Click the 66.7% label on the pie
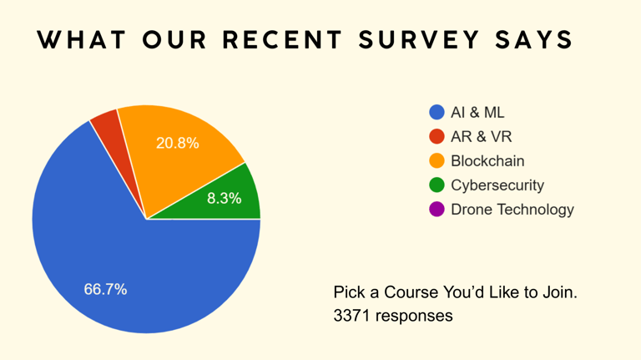[105, 289]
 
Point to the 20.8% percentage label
[178, 143]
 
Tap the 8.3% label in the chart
[225, 199]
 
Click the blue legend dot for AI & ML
[437, 113]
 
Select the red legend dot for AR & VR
[437, 137]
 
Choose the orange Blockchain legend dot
[437, 161]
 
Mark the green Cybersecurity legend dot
[437, 185]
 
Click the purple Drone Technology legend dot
[437, 210]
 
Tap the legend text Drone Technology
[512, 210]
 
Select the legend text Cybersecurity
[497, 185]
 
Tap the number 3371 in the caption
[351, 316]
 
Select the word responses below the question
[414, 317]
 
